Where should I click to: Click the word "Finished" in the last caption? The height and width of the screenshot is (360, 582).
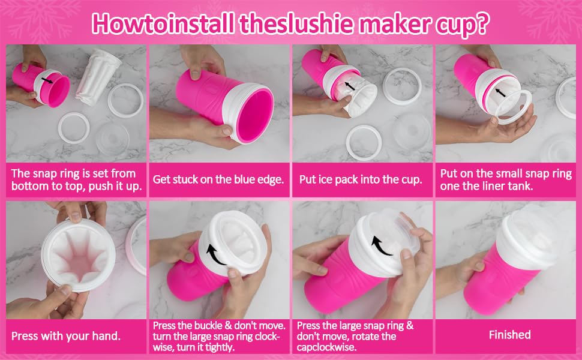coord(509,335)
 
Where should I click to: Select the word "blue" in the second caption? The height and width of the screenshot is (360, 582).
coord(244,179)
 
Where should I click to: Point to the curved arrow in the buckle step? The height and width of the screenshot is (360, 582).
coord(215,254)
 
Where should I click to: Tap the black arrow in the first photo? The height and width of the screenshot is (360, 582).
coord(47,80)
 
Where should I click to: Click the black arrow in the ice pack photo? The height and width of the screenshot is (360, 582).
coord(350,86)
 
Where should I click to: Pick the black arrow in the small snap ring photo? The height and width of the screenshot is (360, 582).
coord(500,93)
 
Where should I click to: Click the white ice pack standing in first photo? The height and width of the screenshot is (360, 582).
coord(98,77)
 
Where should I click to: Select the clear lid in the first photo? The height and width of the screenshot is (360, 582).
coord(112,139)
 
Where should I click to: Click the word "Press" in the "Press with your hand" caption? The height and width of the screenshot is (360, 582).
coord(25,336)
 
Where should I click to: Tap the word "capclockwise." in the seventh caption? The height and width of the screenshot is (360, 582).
coord(326,348)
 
